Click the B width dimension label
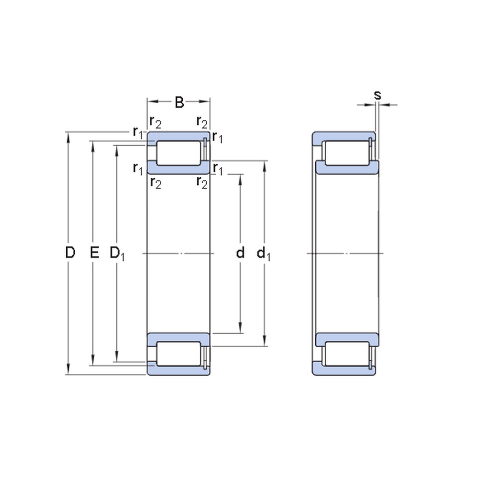point(179,103)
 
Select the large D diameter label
point(70,253)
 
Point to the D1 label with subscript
point(118,253)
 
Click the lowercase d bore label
point(241,253)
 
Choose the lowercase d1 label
point(263,254)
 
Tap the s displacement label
point(377,95)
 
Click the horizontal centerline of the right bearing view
point(346,254)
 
